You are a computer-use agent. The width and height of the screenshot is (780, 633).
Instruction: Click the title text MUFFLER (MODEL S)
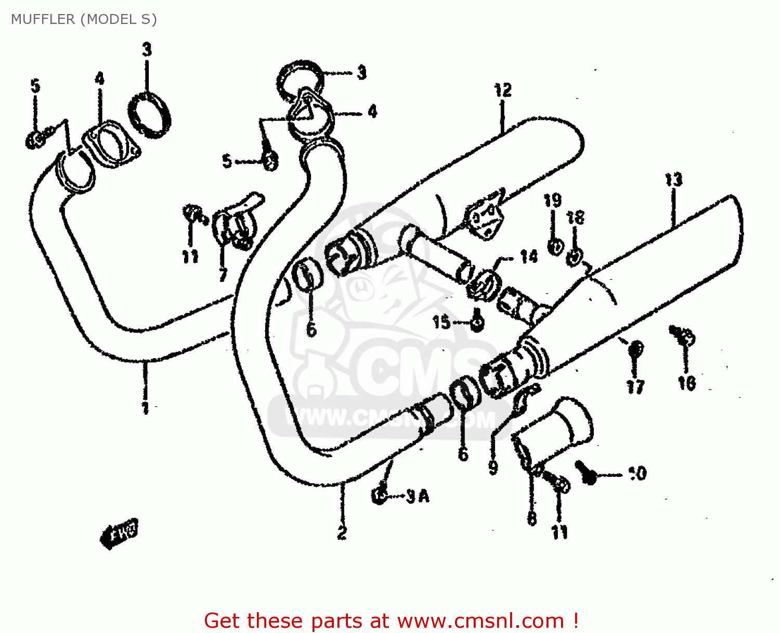click(84, 19)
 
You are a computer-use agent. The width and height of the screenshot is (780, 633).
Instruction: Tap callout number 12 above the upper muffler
click(502, 90)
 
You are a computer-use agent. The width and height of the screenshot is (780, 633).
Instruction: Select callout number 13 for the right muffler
click(673, 180)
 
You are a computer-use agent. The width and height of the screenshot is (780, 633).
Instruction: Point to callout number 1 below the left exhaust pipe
click(146, 408)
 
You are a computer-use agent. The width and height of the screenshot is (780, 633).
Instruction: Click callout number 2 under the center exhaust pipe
click(342, 533)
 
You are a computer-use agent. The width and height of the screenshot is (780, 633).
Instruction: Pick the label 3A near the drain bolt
click(418, 497)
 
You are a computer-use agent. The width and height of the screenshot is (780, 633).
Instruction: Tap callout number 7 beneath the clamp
click(223, 274)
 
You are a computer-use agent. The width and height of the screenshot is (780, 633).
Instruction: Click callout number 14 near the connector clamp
click(529, 256)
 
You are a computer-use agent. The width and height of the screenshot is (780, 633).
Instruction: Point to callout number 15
click(441, 322)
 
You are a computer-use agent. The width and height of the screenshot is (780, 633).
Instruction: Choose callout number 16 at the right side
click(686, 383)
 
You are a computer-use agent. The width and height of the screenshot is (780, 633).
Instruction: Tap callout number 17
click(635, 386)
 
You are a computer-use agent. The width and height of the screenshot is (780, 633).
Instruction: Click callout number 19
click(552, 200)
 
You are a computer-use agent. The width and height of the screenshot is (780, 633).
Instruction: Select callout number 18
click(576, 217)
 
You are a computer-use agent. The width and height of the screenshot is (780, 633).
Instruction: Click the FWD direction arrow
click(120, 532)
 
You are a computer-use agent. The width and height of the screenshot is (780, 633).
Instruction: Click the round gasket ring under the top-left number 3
click(149, 115)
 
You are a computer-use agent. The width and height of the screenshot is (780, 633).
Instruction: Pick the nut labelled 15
click(477, 324)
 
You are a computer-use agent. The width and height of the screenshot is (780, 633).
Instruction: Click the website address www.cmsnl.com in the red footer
click(480, 621)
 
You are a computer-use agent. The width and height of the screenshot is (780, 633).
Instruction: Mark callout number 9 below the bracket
click(493, 467)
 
